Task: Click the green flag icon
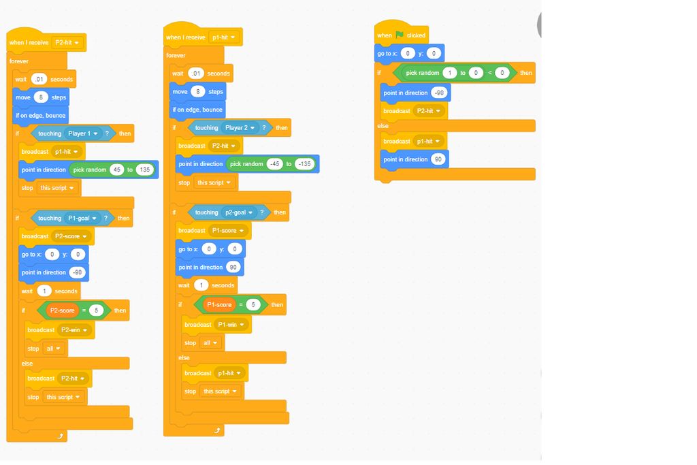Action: pos(399,35)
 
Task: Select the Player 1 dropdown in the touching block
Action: pos(82,133)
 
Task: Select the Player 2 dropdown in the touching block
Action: pos(240,127)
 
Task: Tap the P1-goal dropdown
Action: pos(82,219)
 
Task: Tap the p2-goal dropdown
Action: pos(239,212)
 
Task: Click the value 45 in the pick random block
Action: pos(117,170)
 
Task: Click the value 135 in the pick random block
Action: pos(145,170)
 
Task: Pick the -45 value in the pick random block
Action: pos(275,164)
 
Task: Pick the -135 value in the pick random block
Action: pos(304,164)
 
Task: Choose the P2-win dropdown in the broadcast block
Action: pos(74,330)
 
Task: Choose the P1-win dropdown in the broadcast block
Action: pos(231,325)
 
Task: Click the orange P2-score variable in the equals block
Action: pos(62,310)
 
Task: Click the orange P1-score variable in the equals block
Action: pos(219,304)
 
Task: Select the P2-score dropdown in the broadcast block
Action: pos(71,236)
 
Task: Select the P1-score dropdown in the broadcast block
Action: pos(227,230)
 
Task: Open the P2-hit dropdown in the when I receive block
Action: pos(67,42)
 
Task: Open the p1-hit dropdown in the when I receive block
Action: pos(223,37)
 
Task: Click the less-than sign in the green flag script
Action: pos(490,73)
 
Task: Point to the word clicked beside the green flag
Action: pos(416,35)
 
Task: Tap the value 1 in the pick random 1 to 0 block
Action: pos(450,73)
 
